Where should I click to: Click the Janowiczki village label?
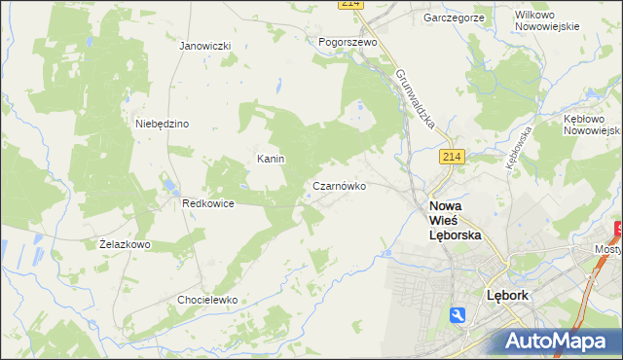tap(204, 46)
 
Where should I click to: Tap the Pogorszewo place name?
tap(348, 42)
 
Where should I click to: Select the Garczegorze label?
tap(455, 18)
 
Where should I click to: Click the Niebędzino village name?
tap(162, 124)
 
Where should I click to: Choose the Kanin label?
tap(270, 158)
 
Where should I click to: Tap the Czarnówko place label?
tap(339, 185)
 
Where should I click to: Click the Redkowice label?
tap(206, 203)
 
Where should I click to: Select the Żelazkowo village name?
tap(125, 244)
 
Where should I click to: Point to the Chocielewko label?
tap(207, 300)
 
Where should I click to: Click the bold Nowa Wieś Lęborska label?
tap(456, 221)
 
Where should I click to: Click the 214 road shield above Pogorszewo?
tap(351, 5)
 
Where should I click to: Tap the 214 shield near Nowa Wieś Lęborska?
tap(450, 157)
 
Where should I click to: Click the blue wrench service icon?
tap(458, 314)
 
